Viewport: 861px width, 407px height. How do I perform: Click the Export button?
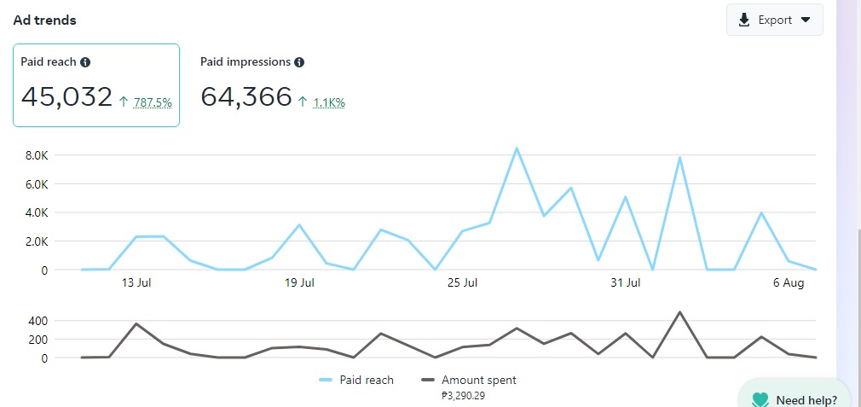pos(774,20)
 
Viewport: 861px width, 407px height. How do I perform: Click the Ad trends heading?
pos(44,20)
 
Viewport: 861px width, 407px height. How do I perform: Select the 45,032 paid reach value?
pos(66,96)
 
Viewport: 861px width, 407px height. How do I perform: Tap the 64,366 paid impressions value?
pos(246,96)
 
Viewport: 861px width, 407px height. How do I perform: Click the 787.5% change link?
pos(153,102)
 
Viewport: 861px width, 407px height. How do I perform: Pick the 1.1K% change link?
pos(329,102)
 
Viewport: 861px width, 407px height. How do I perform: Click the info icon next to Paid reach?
pos(85,62)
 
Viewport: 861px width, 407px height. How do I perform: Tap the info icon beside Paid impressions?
pos(299,62)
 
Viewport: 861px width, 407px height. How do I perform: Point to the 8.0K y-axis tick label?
pos(38,155)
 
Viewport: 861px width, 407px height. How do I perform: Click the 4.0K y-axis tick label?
pos(38,212)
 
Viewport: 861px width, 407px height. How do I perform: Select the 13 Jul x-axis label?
pos(136,282)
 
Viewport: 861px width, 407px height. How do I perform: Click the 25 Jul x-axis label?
pos(462,282)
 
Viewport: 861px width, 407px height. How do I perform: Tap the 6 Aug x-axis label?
pos(789,282)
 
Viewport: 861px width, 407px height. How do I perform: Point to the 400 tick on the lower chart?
pos(38,321)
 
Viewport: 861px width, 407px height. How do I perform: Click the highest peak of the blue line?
pos(517,148)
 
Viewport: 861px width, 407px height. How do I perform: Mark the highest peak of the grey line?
pos(679,312)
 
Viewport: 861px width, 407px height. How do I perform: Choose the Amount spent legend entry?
pos(469,380)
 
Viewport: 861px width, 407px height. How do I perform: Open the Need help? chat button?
pos(795,399)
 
